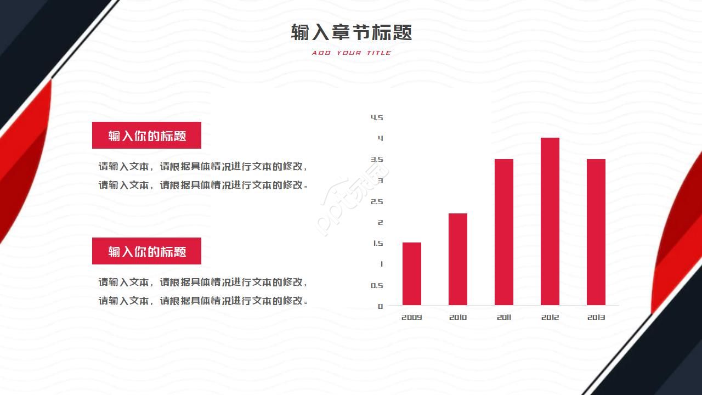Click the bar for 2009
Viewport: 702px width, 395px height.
pyautogui.click(x=412, y=274)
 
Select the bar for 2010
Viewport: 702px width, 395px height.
pyautogui.click(x=458, y=259)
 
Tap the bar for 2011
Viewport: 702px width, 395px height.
pyautogui.click(x=504, y=232)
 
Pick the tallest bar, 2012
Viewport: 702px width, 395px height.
pyautogui.click(x=550, y=221)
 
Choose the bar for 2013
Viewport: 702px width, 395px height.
pyautogui.click(x=596, y=232)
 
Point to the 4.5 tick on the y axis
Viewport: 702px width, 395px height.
pyautogui.click(x=377, y=117)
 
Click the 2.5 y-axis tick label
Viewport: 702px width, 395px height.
pyautogui.click(x=377, y=201)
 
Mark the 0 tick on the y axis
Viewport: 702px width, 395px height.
pyautogui.click(x=380, y=306)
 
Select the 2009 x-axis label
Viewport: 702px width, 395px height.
pyautogui.click(x=412, y=317)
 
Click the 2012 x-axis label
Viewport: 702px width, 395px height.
pyautogui.click(x=550, y=317)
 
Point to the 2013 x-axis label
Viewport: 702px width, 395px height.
pyautogui.click(x=596, y=317)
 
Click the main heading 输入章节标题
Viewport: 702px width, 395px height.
pyautogui.click(x=351, y=32)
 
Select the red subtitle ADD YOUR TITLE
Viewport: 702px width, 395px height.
pyautogui.click(x=351, y=53)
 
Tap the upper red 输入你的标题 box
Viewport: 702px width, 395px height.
pyautogui.click(x=146, y=136)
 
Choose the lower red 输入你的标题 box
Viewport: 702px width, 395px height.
pyautogui.click(x=146, y=251)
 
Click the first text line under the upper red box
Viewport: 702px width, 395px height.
pyautogui.click(x=203, y=166)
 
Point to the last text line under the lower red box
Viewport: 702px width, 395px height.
pyautogui.click(x=203, y=301)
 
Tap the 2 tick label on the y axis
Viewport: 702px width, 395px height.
pyautogui.click(x=380, y=222)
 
